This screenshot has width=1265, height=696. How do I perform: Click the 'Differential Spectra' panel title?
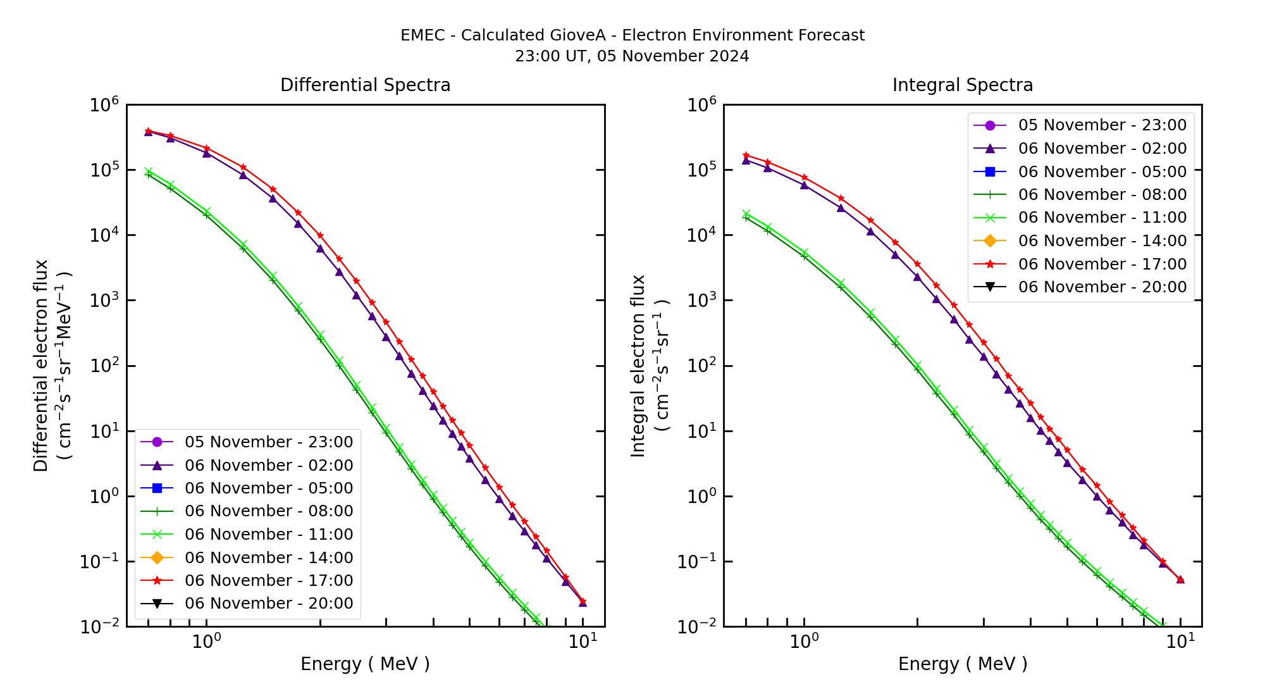[365, 85]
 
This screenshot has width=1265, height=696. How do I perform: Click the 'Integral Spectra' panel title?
[962, 85]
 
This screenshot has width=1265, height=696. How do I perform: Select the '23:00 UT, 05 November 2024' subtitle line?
[632, 56]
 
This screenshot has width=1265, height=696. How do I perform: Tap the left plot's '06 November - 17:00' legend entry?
[269, 580]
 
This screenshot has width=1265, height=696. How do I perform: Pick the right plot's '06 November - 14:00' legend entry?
[1102, 240]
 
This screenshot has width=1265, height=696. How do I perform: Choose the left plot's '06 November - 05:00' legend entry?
[269, 488]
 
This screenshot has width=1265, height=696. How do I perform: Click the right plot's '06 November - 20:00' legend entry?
[1102, 287]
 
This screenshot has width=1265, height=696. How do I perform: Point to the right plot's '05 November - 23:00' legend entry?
[1102, 125]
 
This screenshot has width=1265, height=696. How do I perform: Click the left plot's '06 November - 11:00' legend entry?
[269, 534]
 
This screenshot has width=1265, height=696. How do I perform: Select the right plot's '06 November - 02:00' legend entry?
[1102, 148]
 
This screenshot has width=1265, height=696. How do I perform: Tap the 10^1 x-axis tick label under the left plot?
[583, 642]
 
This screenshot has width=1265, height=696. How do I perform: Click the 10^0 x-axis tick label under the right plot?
[804, 642]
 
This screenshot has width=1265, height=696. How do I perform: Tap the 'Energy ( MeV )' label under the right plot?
[962, 664]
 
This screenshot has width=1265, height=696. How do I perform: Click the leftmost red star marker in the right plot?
[746, 155]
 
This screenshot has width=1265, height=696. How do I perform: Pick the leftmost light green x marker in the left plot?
[148, 171]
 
